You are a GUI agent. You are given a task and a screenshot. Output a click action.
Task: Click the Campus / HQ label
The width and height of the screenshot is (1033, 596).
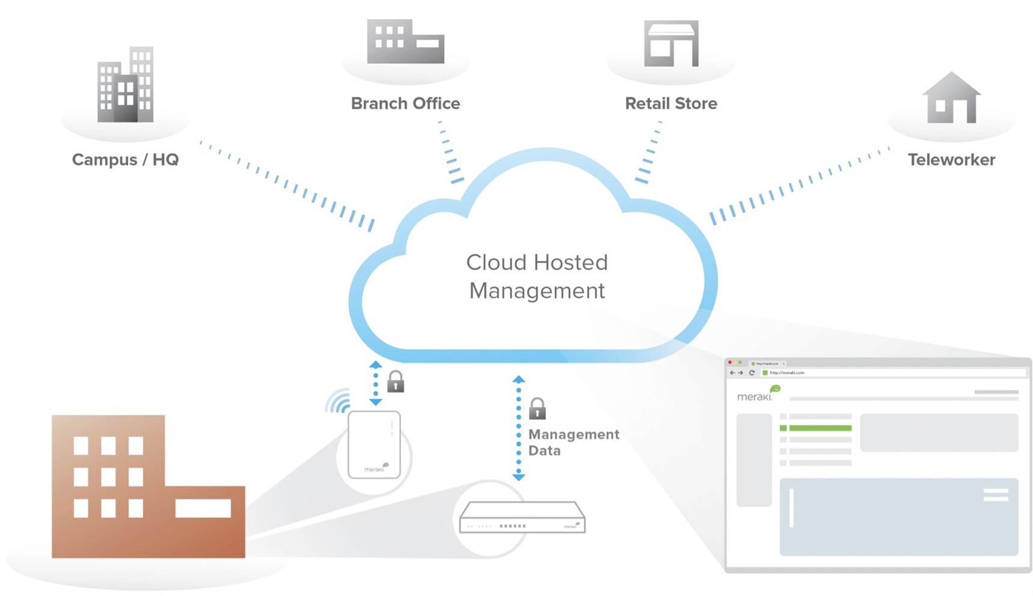click(x=125, y=160)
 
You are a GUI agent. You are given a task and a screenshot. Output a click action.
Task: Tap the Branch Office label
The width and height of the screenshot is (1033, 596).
click(x=405, y=103)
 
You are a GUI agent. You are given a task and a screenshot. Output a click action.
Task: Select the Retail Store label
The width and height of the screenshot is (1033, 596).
click(x=671, y=103)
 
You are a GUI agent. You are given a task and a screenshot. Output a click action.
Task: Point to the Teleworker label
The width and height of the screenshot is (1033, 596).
click(x=951, y=160)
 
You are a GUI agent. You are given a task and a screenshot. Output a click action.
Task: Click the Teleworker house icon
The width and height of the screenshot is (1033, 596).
click(x=951, y=99)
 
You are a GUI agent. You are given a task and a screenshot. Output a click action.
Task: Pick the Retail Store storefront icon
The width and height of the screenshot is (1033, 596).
click(x=671, y=43)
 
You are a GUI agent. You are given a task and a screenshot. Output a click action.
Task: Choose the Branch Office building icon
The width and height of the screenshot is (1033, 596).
click(x=405, y=41)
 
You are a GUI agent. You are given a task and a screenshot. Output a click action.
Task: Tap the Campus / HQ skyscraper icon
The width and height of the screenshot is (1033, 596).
click(x=125, y=85)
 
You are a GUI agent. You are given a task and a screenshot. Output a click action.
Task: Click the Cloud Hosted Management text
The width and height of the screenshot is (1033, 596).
click(x=537, y=276)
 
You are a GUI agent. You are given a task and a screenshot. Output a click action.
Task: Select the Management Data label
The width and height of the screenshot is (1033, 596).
click(x=573, y=442)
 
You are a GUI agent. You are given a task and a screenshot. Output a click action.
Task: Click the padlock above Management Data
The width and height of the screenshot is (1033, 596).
click(x=537, y=409)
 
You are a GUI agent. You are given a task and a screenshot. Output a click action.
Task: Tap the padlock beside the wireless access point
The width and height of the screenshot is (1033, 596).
click(x=395, y=382)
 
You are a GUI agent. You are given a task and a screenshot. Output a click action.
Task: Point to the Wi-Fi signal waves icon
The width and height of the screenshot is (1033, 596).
click(x=339, y=401)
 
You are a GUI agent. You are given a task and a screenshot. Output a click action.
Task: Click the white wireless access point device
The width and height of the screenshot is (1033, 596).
click(x=374, y=445)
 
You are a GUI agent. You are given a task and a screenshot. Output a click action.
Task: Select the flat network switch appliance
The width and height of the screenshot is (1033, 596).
click(x=522, y=517)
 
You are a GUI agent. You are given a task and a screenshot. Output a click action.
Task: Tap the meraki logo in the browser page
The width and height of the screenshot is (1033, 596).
click(x=755, y=396)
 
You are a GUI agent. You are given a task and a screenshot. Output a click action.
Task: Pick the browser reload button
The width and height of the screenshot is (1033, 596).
click(x=752, y=373)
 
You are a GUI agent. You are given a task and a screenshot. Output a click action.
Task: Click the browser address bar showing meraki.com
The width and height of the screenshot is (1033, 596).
click(x=890, y=373)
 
